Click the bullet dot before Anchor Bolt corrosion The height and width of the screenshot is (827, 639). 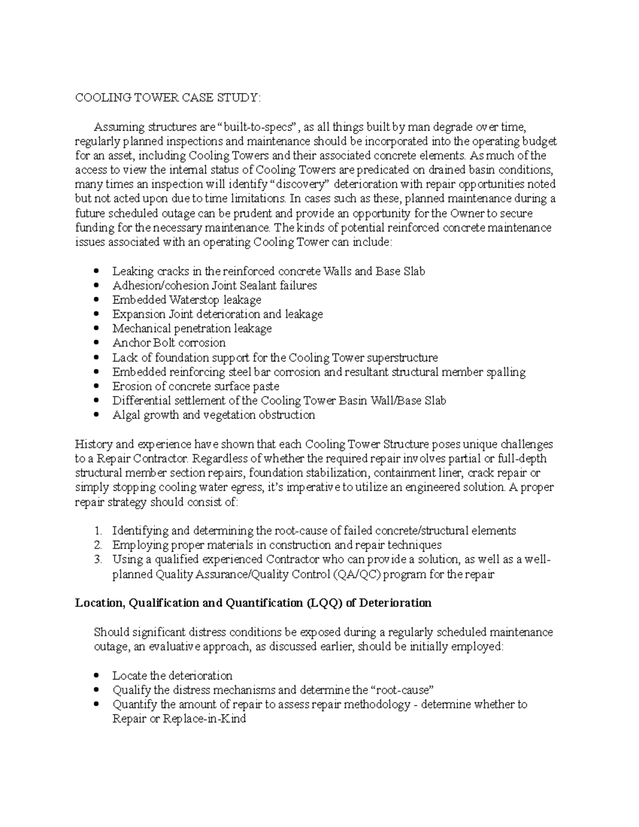(96, 343)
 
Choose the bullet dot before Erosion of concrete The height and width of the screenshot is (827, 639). (96, 386)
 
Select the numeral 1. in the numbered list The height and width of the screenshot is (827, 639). (97, 531)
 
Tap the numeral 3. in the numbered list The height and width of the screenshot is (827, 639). (97, 560)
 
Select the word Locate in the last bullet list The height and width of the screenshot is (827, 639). (129, 676)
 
